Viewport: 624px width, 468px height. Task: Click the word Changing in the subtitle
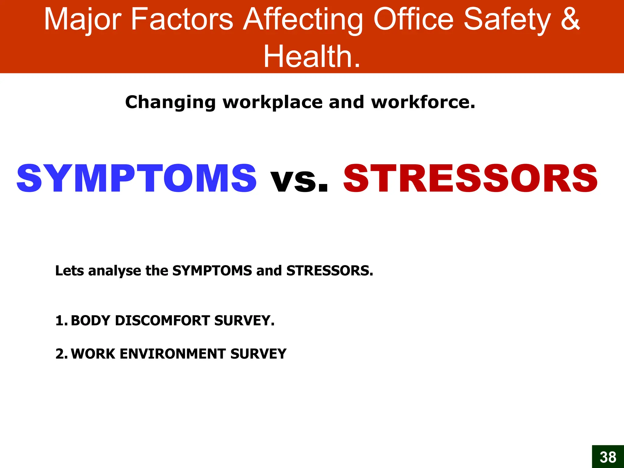point(170,102)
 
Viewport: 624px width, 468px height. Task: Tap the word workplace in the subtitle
point(272,102)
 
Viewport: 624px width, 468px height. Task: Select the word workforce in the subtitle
point(423,102)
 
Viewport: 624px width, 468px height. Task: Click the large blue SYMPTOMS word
point(136,179)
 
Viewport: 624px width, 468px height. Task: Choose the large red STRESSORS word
point(470,179)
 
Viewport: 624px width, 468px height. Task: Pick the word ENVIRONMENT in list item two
point(172,354)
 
